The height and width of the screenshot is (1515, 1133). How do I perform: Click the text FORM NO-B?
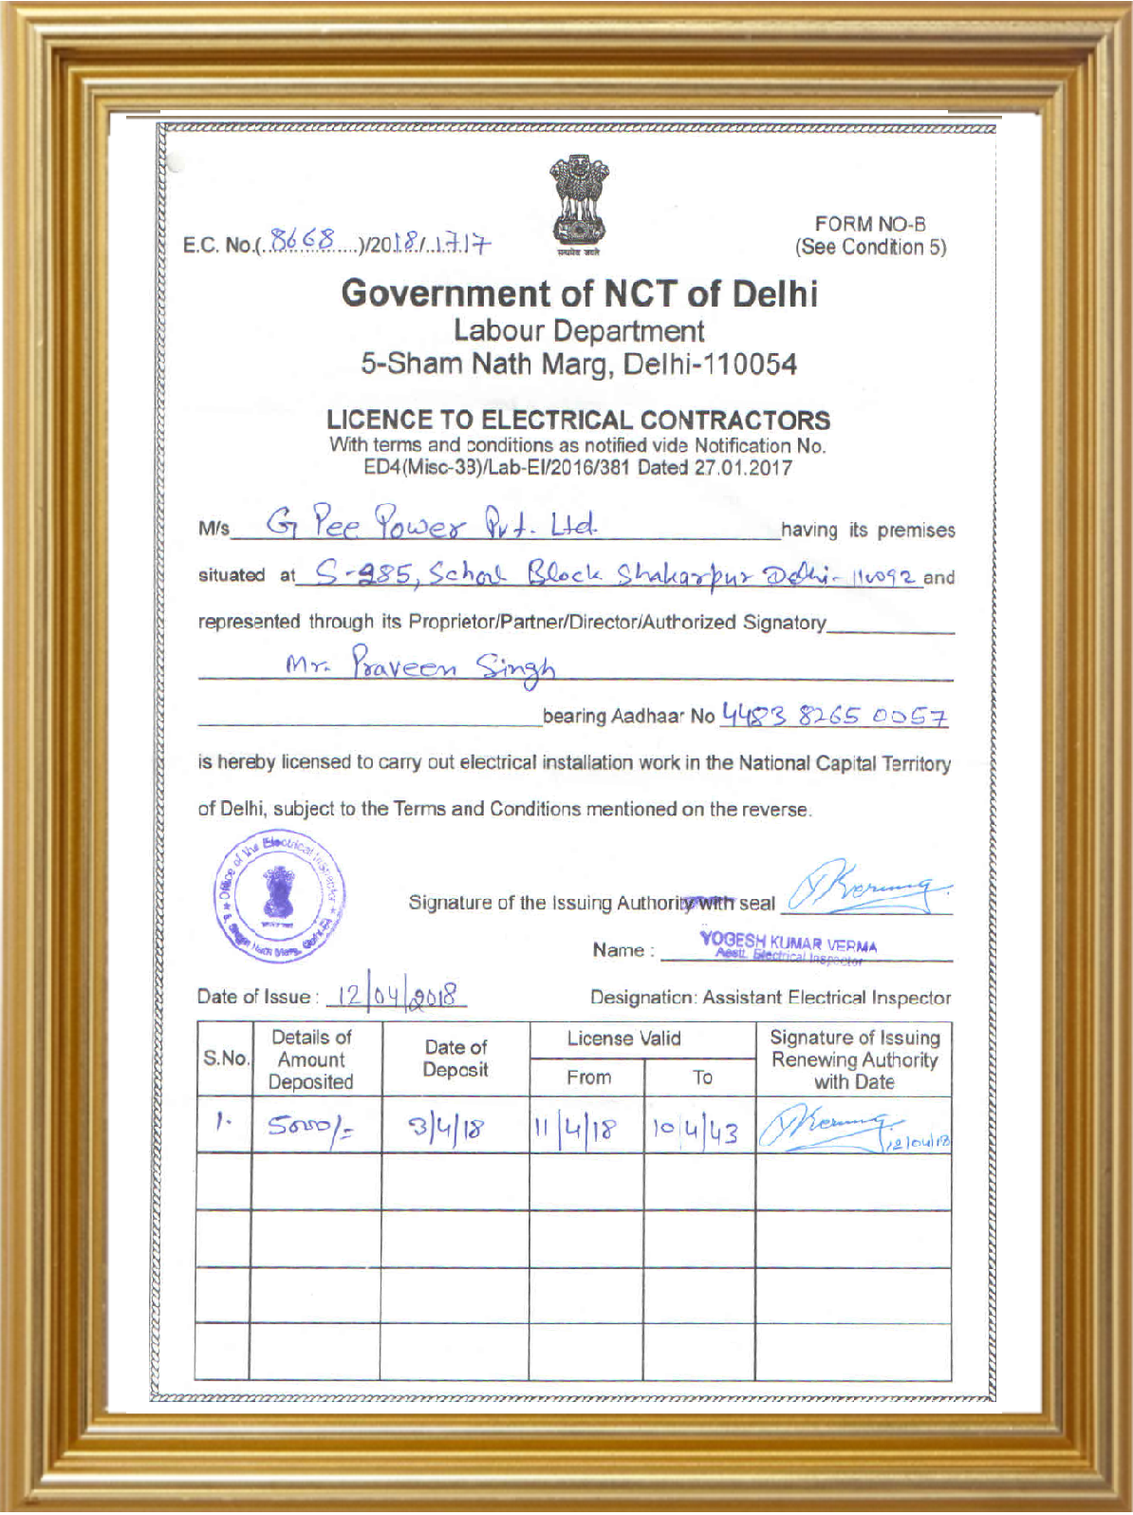click(869, 224)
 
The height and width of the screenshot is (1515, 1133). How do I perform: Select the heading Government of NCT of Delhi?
click(579, 293)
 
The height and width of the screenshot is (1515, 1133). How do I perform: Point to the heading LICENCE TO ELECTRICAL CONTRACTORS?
click(578, 420)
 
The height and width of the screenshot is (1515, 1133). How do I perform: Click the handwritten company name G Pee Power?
click(432, 523)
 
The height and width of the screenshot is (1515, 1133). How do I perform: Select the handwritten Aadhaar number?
click(834, 715)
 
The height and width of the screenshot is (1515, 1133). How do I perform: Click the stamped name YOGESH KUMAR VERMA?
click(788, 944)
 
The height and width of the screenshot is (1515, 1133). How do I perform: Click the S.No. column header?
click(225, 1058)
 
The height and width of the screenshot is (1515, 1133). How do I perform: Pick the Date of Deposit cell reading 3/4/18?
click(446, 1128)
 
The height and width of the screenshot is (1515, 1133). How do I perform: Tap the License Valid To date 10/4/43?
click(695, 1130)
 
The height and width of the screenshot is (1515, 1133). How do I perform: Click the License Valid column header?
click(623, 1038)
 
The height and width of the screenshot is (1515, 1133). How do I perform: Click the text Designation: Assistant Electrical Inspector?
click(770, 997)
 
